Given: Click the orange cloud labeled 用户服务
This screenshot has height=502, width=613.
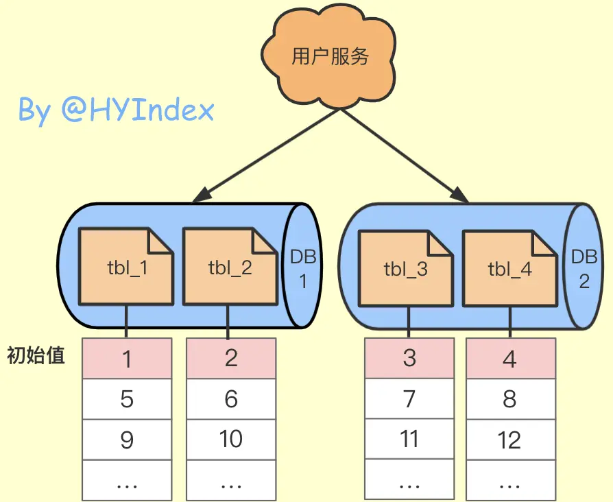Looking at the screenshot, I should pyautogui.click(x=330, y=56).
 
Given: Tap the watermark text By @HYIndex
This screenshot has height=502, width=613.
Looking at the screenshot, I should pyautogui.click(x=116, y=110).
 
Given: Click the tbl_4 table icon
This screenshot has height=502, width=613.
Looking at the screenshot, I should pyautogui.click(x=509, y=268).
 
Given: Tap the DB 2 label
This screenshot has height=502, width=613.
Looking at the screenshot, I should pyautogui.click(x=584, y=268).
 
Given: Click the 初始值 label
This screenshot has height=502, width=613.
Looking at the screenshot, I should pyautogui.click(x=36, y=356).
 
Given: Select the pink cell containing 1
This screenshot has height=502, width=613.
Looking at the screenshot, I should pyautogui.click(x=127, y=359).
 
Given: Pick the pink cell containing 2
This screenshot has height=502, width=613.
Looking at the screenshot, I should pyautogui.click(x=231, y=357).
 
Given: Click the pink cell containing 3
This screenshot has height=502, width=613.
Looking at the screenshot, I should pyautogui.click(x=409, y=358).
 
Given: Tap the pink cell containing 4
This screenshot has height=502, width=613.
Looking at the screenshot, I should pyautogui.click(x=510, y=359).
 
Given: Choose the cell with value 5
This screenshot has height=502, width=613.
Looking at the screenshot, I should pyautogui.click(x=127, y=398).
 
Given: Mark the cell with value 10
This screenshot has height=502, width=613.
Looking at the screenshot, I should pyautogui.click(x=231, y=439).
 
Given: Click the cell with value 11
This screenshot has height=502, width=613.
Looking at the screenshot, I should pyautogui.click(x=409, y=439).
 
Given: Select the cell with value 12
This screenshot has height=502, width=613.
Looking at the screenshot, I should pyautogui.click(x=510, y=440).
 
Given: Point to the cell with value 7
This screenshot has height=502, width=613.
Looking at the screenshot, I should pyautogui.click(x=409, y=398).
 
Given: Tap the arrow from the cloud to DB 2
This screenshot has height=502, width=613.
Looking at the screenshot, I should pyautogui.click(x=404, y=155).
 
